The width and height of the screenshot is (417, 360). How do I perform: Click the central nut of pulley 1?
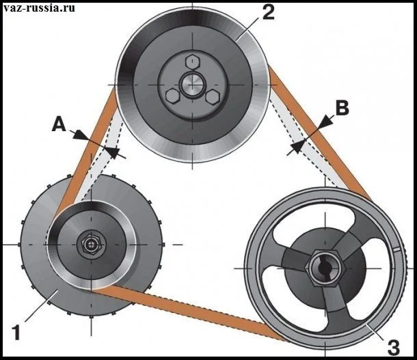(90, 244)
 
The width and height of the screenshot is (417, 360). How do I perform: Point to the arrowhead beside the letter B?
(326, 121)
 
